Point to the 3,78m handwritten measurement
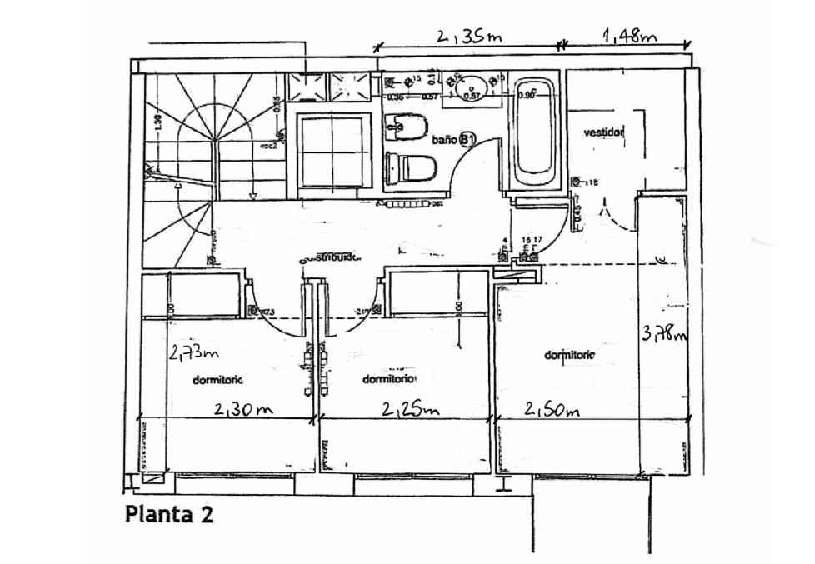click(x=665, y=334)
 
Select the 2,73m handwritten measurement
click(x=193, y=353)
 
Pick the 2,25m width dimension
click(x=410, y=410)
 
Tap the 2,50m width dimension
click(x=551, y=410)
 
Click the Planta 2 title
click(x=169, y=513)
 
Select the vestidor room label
click(x=603, y=132)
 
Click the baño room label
click(x=444, y=140)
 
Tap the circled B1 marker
click(x=467, y=140)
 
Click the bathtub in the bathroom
click(x=533, y=133)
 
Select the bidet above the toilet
click(x=407, y=128)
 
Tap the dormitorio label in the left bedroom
click(x=217, y=381)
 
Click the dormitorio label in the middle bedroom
click(x=389, y=379)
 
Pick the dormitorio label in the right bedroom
click(x=570, y=355)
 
